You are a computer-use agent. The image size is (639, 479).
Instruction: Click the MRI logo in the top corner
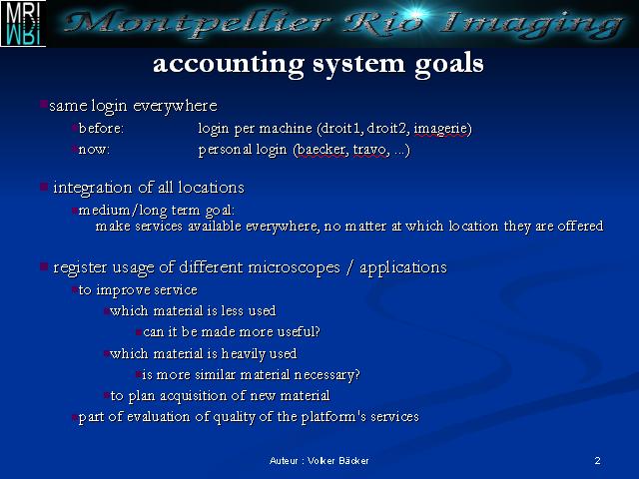(x=23, y=23)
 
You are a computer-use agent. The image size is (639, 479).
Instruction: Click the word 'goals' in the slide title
(x=449, y=64)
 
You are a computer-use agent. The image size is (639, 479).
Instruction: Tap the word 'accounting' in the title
(x=229, y=64)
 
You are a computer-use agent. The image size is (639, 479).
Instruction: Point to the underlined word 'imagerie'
(x=441, y=129)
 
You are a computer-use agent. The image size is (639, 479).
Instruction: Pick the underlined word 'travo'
(x=369, y=150)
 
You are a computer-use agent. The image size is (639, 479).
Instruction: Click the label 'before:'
(x=101, y=129)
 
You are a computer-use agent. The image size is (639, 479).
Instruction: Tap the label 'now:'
(x=94, y=150)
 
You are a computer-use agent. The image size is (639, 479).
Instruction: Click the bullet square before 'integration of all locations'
(x=44, y=187)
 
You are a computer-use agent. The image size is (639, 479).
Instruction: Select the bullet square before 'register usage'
(x=44, y=266)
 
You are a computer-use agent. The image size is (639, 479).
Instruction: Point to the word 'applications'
(x=403, y=268)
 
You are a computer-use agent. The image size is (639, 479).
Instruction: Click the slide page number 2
(x=597, y=461)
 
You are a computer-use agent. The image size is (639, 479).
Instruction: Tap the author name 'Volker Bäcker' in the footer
(x=338, y=461)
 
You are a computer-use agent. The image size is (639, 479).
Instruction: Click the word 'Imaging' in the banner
(x=532, y=24)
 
